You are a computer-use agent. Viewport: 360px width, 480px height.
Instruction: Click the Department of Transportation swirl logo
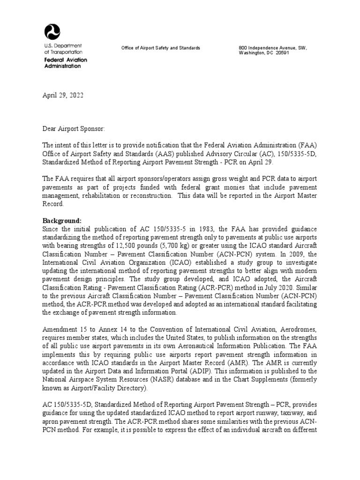pos(52,32)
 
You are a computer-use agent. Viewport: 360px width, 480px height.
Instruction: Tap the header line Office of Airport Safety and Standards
pos(161,48)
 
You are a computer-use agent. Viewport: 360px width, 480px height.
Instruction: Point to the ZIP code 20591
pos(282,53)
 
